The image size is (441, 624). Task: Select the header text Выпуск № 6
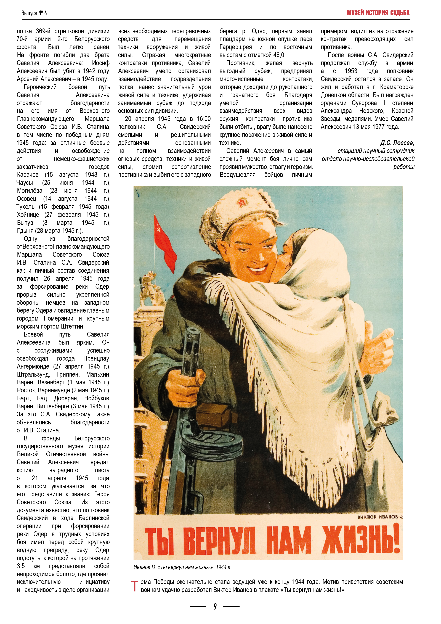pos(34,13)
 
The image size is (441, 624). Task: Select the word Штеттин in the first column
pos(74,326)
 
